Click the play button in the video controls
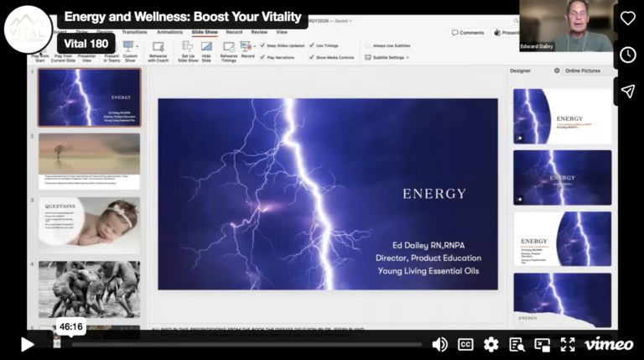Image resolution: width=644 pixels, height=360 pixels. (x=27, y=344)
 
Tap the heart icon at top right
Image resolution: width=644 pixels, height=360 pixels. (x=628, y=18)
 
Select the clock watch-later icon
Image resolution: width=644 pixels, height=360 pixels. (x=628, y=55)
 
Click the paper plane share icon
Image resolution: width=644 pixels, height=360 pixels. (x=628, y=91)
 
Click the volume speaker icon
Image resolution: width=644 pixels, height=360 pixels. (x=439, y=344)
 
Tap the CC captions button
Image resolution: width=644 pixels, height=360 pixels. (x=465, y=344)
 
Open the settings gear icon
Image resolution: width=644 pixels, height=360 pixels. (x=491, y=344)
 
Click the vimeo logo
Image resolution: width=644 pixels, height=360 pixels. (x=608, y=344)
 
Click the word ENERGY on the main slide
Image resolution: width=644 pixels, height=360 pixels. (x=434, y=193)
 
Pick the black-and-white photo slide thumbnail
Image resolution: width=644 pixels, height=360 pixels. (x=89, y=289)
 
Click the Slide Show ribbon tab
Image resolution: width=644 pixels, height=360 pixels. (x=205, y=32)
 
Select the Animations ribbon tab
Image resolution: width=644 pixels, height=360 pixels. (x=169, y=32)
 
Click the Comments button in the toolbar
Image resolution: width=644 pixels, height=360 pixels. (x=468, y=33)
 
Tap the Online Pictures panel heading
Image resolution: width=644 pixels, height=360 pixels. (x=583, y=70)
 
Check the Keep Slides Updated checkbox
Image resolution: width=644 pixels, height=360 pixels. (x=263, y=45)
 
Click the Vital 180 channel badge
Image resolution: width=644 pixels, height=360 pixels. (x=86, y=44)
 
